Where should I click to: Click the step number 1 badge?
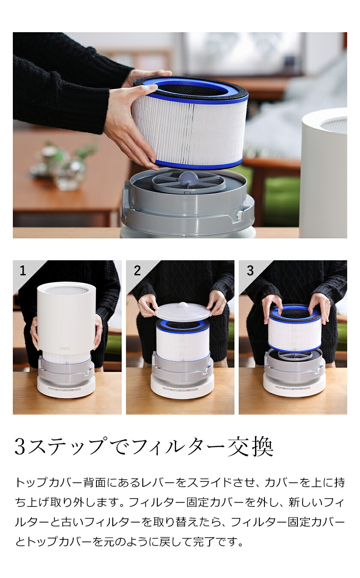pos(23,271)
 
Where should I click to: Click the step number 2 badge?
pos(137,271)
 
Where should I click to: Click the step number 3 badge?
pos(250,271)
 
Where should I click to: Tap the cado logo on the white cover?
pos(65,348)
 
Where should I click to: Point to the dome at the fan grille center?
pos(189,177)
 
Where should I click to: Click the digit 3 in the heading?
pos(20,447)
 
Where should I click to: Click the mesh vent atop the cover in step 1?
pos(66,290)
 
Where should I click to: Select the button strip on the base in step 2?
pos(182,389)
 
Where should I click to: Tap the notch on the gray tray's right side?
pos(237,214)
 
